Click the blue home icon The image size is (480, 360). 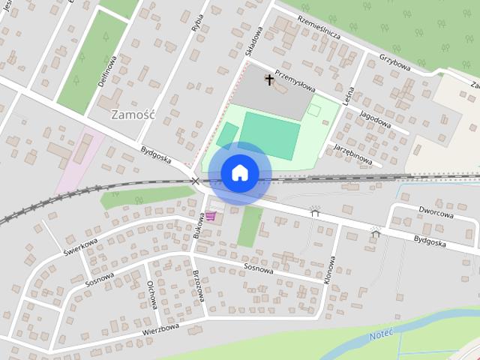coord(239,173)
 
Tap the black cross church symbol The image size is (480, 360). coord(270,78)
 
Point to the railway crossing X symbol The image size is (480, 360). coord(196,181)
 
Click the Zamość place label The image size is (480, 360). coord(132,115)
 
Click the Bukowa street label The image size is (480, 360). coord(199,225)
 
